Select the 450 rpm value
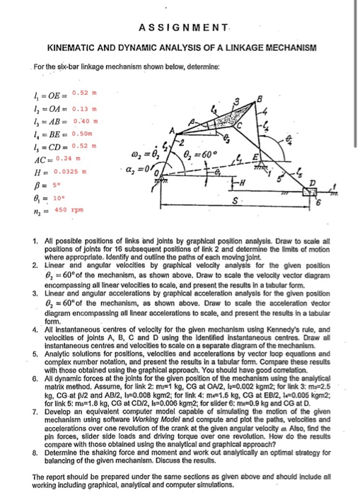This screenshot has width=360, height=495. (x=69, y=210)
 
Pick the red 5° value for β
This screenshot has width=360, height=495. (x=59, y=185)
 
